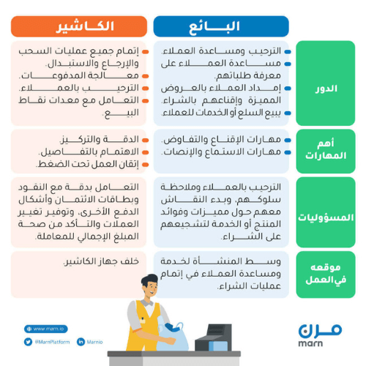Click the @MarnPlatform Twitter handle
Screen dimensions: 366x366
[x=52, y=342]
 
